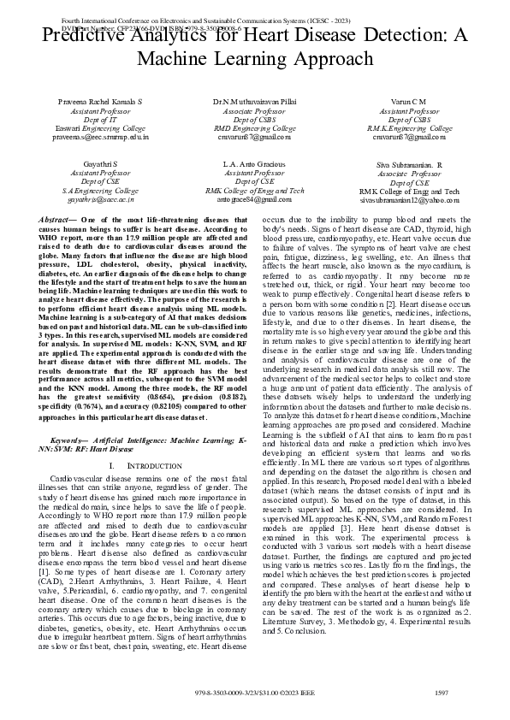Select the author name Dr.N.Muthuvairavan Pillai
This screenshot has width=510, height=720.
256,102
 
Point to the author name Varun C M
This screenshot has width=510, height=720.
409,102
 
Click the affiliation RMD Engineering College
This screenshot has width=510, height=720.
256,127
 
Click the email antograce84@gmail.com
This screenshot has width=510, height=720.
256,198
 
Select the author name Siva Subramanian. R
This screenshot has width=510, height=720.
409,165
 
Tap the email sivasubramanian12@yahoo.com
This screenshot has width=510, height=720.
409,199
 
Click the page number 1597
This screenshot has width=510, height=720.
442,693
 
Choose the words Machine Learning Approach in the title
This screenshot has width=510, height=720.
256,60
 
